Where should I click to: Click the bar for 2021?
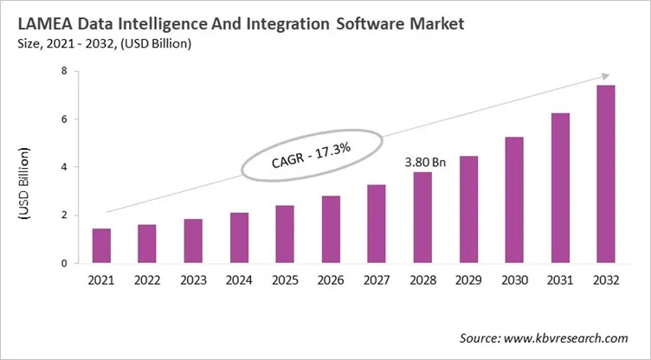tap(101, 246)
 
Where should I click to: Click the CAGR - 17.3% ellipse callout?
tap(310, 155)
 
